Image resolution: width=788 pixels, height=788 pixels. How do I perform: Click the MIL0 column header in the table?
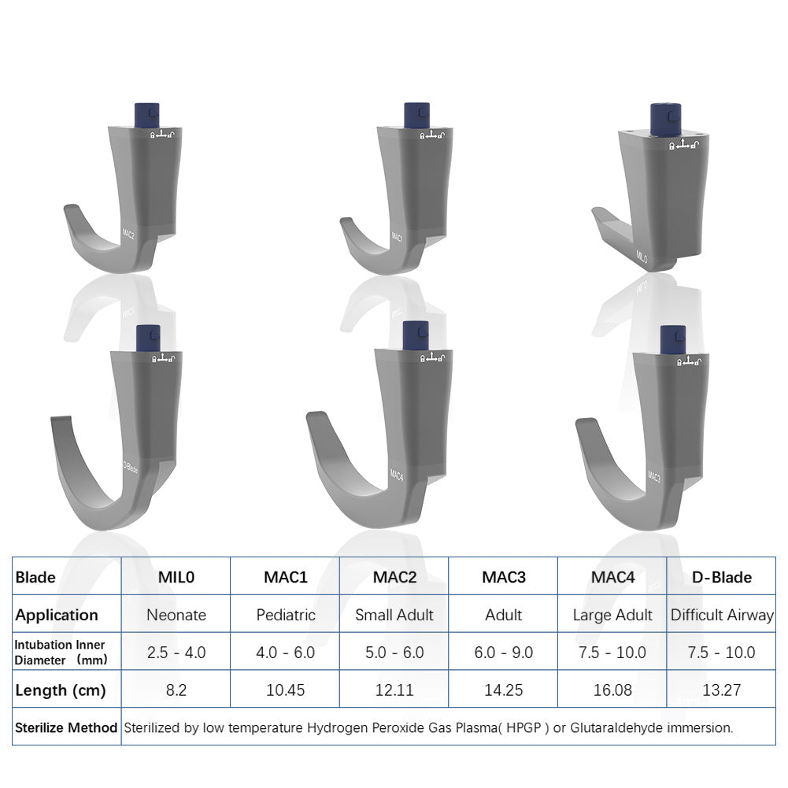176,577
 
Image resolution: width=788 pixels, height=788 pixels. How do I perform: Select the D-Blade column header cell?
721,577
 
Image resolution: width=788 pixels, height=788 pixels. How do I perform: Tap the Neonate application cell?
176,615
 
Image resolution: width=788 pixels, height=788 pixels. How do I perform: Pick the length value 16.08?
612,690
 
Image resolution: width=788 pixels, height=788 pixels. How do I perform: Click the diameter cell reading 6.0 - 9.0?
503,653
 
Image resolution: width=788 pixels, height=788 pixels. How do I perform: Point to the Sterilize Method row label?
66,728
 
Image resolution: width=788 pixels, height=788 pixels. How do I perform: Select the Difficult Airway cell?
721,615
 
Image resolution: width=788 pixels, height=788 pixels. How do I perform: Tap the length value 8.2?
176,690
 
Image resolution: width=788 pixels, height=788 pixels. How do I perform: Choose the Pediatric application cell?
285,615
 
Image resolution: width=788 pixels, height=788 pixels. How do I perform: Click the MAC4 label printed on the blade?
397,475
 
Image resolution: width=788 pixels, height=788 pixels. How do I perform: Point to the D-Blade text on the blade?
131,467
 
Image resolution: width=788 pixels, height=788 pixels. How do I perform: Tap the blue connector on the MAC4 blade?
415,336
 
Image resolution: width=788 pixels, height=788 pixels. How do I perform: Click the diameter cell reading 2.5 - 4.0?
176,653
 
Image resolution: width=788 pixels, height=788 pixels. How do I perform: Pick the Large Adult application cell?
612,615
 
